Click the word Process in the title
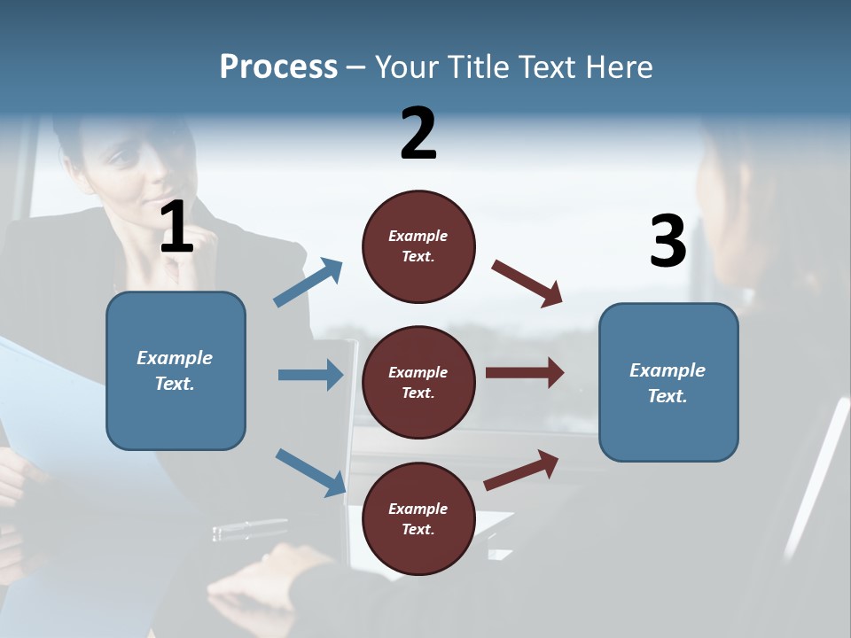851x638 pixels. (x=278, y=66)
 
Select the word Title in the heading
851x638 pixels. (x=479, y=66)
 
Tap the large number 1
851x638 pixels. (x=176, y=228)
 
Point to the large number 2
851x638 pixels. (x=418, y=134)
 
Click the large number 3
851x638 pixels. (x=668, y=242)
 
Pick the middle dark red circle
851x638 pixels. (x=418, y=382)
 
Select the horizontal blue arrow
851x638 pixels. (x=310, y=375)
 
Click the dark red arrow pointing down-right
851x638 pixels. (x=527, y=283)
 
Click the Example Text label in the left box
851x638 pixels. (x=175, y=370)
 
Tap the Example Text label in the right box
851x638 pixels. (x=668, y=383)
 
